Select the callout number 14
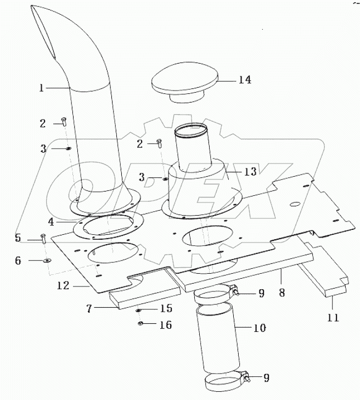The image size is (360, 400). point(244,80)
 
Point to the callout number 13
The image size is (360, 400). point(250,172)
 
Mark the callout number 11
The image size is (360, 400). point(333,317)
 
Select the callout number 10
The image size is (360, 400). point(259,328)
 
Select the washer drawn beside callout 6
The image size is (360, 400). point(47,261)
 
